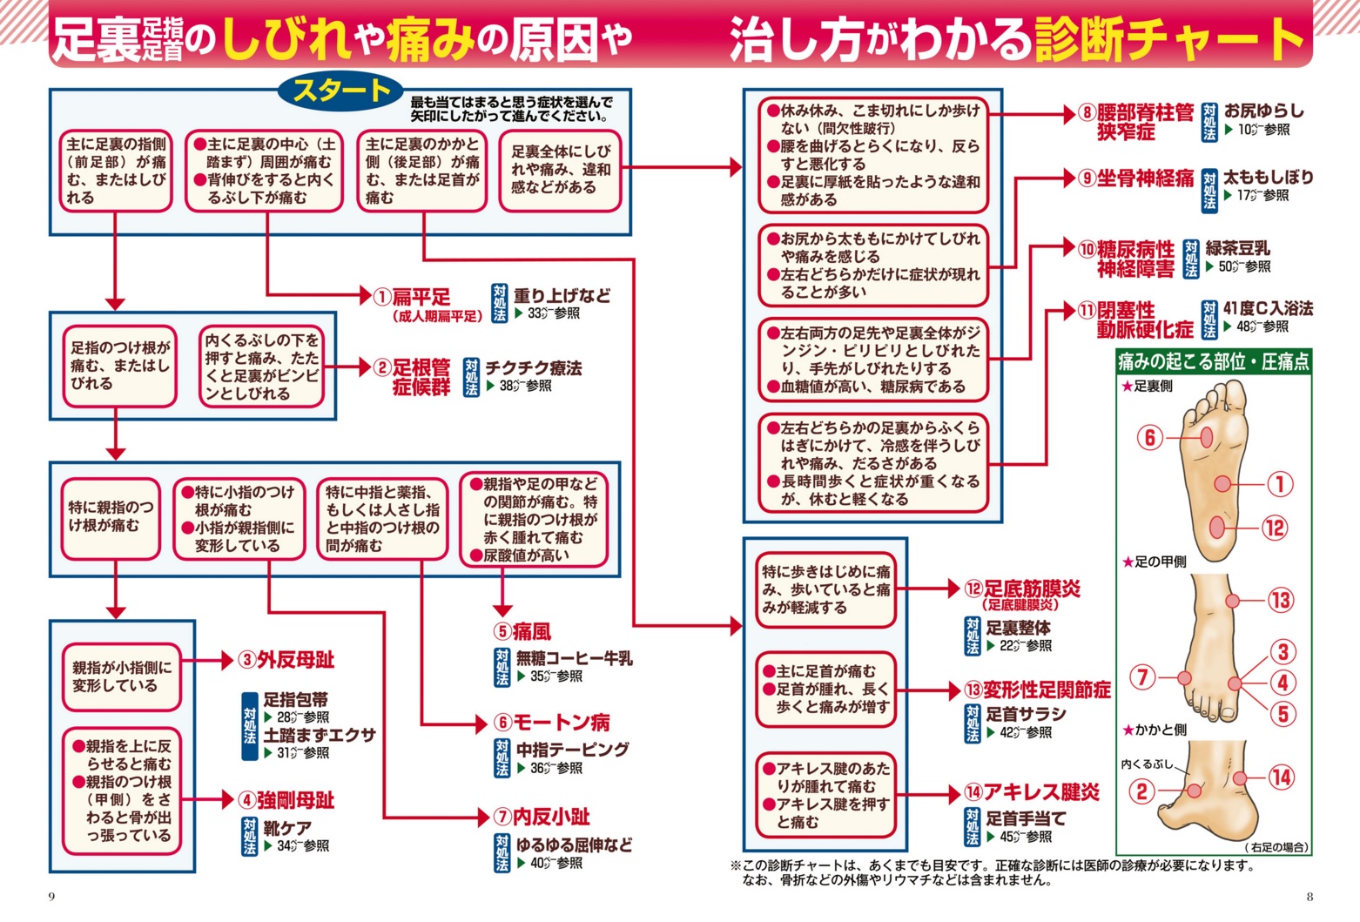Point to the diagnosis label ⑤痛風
(522, 631)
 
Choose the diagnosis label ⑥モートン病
(551, 723)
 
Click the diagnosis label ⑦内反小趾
(542, 817)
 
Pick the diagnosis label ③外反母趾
(286, 660)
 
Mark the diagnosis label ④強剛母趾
(286, 800)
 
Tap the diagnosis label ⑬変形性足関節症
(1037, 690)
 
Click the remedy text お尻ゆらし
(1264, 111)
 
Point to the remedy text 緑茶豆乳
(1237, 248)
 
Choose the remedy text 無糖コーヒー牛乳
(574, 658)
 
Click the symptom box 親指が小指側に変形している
(122, 676)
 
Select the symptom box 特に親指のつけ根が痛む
(111, 516)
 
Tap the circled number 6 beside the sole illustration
(1149, 437)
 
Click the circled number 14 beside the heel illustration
(1281, 777)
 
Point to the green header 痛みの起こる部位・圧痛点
(1214, 362)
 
